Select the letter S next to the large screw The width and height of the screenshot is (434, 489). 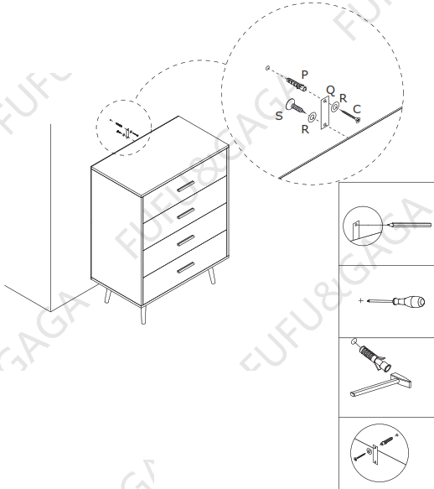point(279,116)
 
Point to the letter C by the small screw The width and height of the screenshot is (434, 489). point(357,107)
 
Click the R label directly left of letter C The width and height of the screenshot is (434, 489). point(343,98)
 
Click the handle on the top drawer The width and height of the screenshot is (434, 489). point(184,185)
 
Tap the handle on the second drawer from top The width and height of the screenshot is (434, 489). point(184,211)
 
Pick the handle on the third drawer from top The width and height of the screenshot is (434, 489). point(184,239)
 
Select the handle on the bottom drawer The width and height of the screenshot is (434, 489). point(184,268)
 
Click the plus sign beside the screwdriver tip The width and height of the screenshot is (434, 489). point(360,299)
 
